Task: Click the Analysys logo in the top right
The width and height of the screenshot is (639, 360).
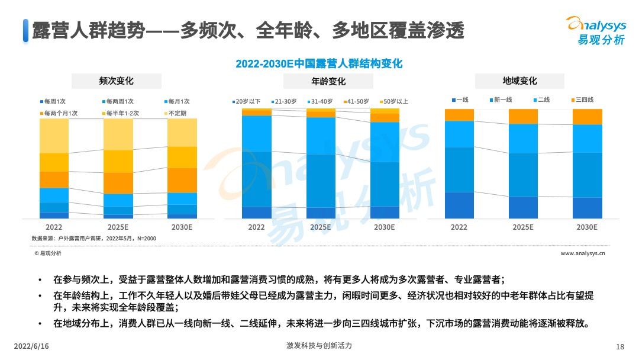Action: (x=596, y=30)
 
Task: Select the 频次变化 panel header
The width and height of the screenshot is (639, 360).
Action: (x=116, y=81)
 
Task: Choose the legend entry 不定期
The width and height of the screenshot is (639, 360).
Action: (x=175, y=112)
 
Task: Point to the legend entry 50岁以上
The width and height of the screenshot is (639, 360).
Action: (x=393, y=102)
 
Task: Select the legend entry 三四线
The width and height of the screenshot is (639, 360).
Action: (x=582, y=100)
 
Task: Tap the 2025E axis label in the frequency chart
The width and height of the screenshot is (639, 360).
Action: (x=118, y=227)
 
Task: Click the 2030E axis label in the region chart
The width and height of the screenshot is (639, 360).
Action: (x=587, y=227)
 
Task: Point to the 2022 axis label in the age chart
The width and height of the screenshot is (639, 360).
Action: (x=256, y=227)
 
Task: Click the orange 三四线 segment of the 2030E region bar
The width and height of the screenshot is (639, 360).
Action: (x=587, y=117)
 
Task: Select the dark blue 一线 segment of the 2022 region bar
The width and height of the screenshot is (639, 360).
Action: (x=459, y=205)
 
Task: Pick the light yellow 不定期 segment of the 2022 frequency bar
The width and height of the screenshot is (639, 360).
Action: (x=54, y=136)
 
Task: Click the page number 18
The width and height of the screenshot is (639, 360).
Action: (x=620, y=346)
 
